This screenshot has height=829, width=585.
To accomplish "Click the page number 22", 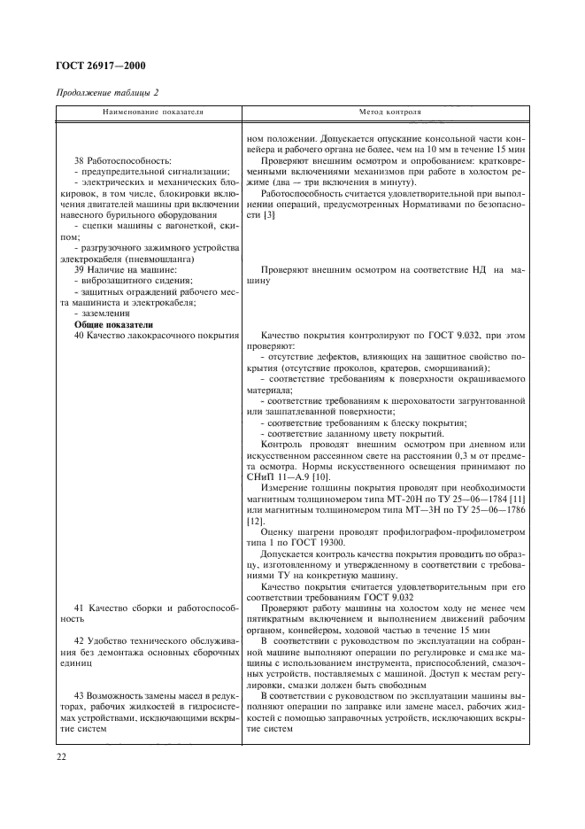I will [x=62, y=757].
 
